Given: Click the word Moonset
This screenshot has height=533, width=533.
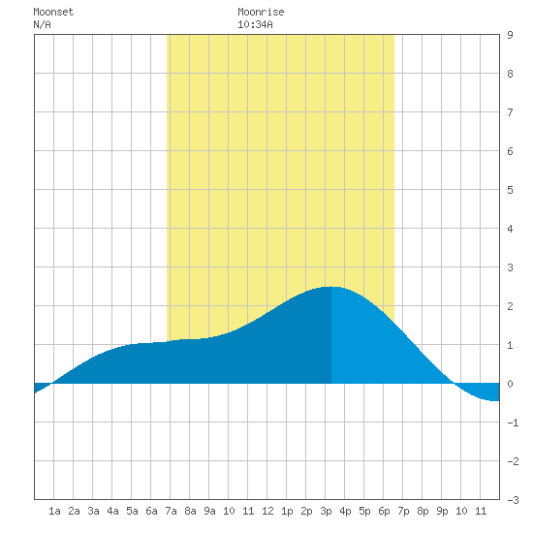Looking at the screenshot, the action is click(53, 12).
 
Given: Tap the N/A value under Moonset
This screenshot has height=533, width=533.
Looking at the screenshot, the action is click(42, 24).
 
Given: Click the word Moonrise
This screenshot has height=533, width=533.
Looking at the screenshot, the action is click(261, 12).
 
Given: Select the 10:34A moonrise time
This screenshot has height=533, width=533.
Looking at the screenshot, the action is click(255, 24).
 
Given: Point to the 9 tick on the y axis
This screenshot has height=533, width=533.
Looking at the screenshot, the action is click(510, 35).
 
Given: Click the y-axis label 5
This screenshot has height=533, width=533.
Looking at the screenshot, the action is click(510, 190).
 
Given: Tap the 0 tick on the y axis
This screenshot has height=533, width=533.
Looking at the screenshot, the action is click(510, 384).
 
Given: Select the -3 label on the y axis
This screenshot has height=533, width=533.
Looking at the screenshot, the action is click(513, 500).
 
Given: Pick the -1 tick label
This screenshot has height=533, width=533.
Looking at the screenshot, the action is click(513, 423).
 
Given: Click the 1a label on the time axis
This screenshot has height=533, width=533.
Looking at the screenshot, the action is click(54, 511).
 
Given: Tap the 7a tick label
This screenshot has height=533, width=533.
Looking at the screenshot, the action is click(171, 511).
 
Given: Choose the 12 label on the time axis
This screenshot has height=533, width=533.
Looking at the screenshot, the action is click(267, 511).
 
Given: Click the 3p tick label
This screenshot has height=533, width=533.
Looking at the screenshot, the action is click(326, 511).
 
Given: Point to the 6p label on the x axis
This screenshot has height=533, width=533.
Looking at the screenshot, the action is click(384, 511).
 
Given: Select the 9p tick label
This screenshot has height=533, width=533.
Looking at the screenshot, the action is click(442, 511).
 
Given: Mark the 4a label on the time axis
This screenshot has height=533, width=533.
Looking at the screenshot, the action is click(112, 511).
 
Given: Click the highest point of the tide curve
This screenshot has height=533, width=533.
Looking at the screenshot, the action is click(331, 287).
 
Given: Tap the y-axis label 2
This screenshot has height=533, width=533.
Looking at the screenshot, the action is click(510, 306).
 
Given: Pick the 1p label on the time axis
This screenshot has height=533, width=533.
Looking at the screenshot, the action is click(287, 511).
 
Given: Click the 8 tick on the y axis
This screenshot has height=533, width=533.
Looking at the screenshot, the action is click(510, 74).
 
